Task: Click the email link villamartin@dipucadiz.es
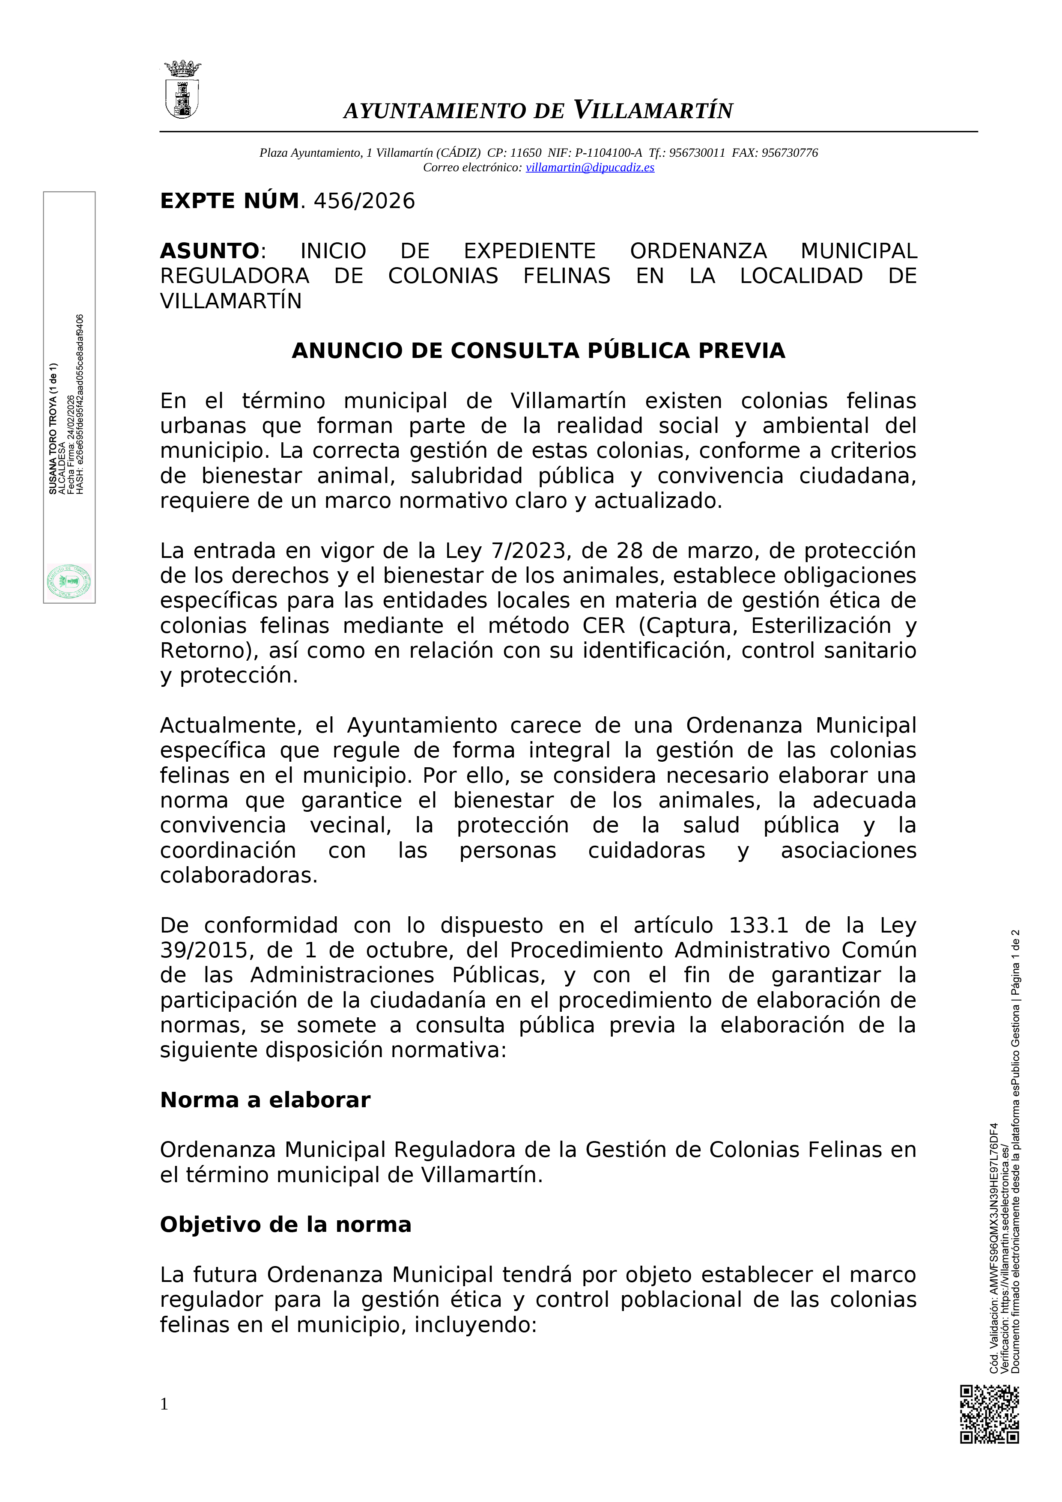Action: [590, 167]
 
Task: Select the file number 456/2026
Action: [364, 201]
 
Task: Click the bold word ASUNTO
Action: [210, 251]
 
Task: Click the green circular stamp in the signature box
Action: [69, 581]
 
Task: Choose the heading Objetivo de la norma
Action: [285, 1225]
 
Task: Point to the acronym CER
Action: [603, 626]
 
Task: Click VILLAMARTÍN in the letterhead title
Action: [653, 110]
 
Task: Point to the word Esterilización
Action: [820, 626]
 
